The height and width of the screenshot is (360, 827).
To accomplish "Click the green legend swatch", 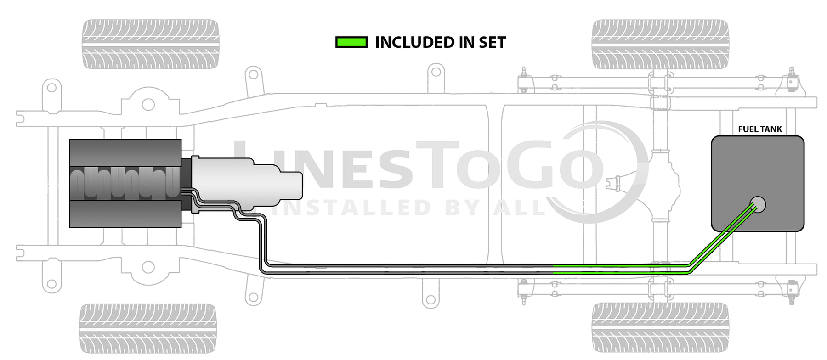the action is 351,43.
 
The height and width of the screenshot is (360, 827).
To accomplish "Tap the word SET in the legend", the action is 492,43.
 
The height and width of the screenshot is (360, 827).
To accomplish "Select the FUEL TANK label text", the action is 760,129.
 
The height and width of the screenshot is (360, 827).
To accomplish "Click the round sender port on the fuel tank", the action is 758,205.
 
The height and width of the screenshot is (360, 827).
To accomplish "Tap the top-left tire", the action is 150,45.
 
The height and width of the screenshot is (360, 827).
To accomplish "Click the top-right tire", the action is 660,45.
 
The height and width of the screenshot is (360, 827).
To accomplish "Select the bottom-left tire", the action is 147,328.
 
